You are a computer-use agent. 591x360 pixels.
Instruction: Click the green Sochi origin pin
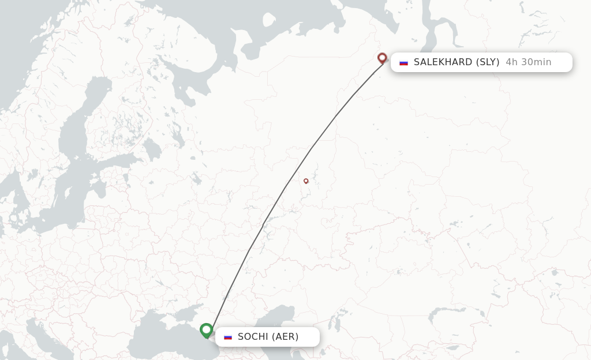[x=206, y=330]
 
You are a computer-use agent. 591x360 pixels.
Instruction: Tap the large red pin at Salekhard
[x=381, y=58]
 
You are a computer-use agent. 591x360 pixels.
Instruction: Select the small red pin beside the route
[x=306, y=181]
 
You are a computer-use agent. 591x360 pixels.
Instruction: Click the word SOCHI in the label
[x=253, y=337]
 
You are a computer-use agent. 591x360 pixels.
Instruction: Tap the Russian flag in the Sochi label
[x=228, y=337]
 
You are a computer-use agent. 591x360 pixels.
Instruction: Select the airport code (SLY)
[x=488, y=62]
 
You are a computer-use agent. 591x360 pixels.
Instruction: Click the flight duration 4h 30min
[x=528, y=62]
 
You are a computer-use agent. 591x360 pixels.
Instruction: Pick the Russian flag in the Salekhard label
[x=403, y=62]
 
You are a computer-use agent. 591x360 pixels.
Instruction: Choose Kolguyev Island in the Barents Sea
[x=268, y=20]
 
